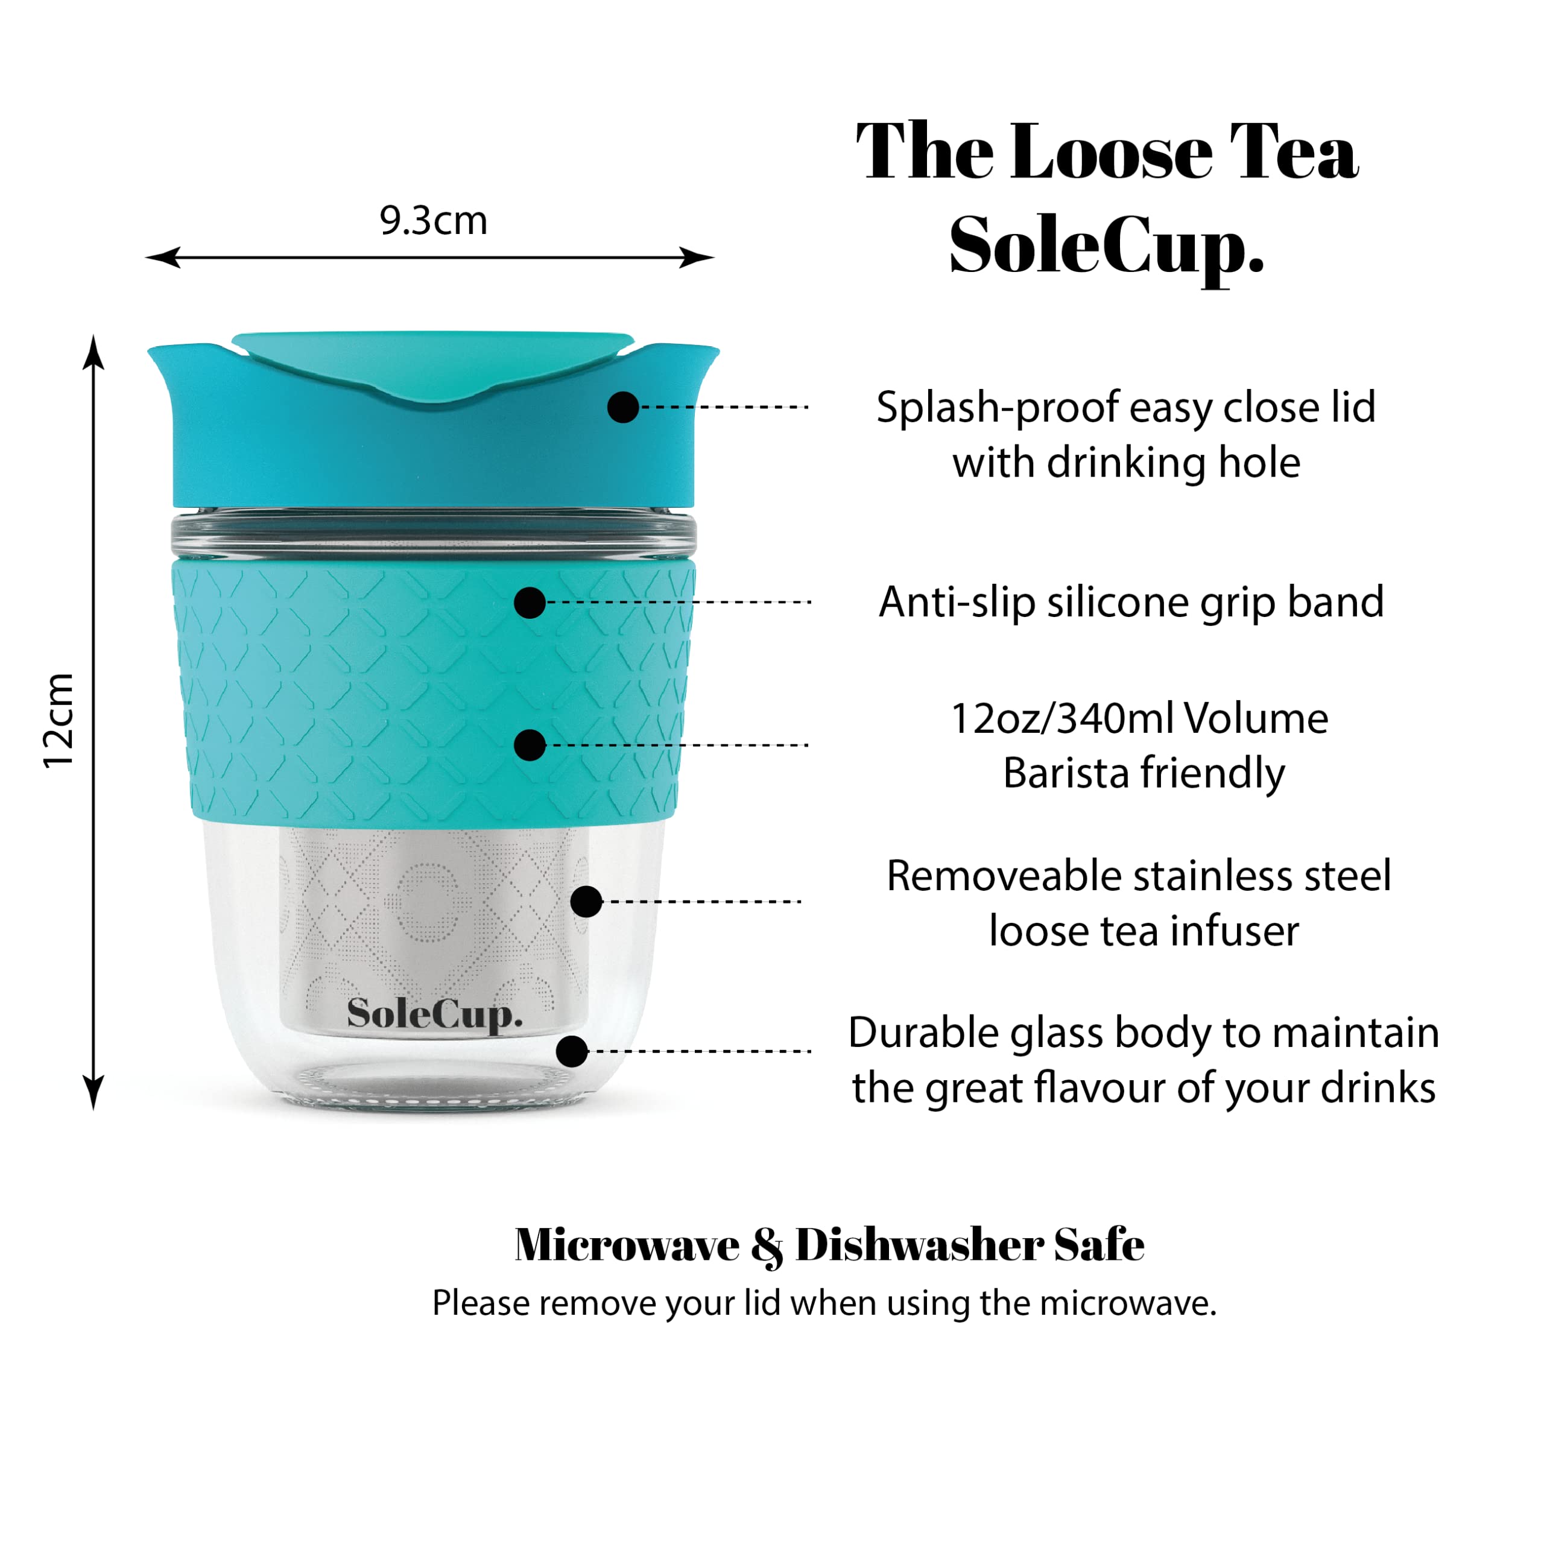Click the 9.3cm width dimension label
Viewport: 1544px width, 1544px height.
tap(433, 221)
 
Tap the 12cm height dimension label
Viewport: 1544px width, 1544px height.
tap(59, 721)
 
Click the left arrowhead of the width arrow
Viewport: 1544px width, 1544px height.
tap(162, 258)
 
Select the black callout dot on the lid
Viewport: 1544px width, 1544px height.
tap(622, 407)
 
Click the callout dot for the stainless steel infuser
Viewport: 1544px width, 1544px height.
tap(586, 902)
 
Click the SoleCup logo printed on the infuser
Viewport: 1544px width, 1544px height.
tap(435, 1015)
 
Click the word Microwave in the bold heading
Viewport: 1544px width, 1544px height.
tap(627, 1245)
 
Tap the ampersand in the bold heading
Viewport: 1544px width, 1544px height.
tap(767, 1247)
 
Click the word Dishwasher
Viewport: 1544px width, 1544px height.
tap(919, 1245)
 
